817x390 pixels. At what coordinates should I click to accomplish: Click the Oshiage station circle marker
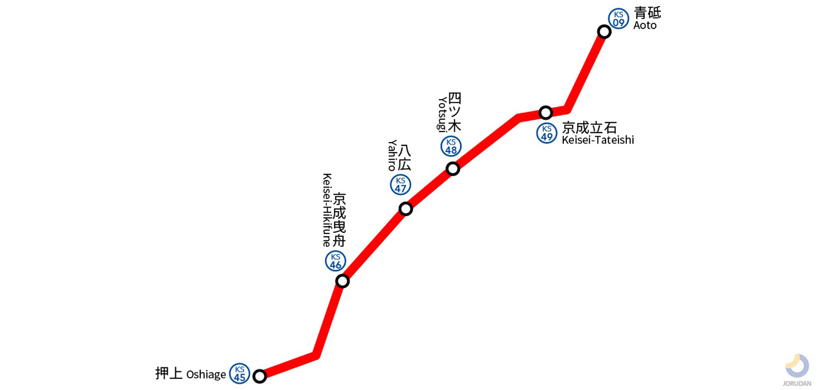[x=259, y=376]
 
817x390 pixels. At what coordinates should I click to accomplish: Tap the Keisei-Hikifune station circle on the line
[x=342, y=281]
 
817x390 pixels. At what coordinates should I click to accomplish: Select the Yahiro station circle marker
[x=405, y=209]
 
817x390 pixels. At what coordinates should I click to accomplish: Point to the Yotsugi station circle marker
[x=453, y=168]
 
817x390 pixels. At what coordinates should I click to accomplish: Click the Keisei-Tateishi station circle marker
[x=546, y=112]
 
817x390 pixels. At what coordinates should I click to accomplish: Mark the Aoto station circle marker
[x=604, y=32]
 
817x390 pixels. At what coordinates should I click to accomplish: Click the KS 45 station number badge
[x=240, y=374]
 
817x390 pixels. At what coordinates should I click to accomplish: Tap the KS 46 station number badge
[x=335, y=261]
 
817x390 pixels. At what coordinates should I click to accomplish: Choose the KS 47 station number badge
[x=400, y=185]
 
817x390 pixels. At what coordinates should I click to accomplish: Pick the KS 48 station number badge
[x=451, y=146]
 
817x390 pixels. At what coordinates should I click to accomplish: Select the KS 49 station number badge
[x=547, y=133]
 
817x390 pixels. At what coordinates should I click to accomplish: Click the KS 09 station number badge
[x=619, y=19]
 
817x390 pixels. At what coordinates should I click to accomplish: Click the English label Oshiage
[x=206, y=374]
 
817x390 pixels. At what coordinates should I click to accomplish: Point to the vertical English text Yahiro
[x=392, y=155]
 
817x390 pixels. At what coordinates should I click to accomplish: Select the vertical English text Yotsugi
[x=442, y=114]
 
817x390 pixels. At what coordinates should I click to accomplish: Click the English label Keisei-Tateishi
[x=598, y=140]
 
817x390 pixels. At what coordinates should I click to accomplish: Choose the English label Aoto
[x=645, y=25]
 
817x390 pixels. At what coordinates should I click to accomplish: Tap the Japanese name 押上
[x=168, y=373]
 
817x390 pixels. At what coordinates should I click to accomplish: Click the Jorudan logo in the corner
[x=797, y=370]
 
